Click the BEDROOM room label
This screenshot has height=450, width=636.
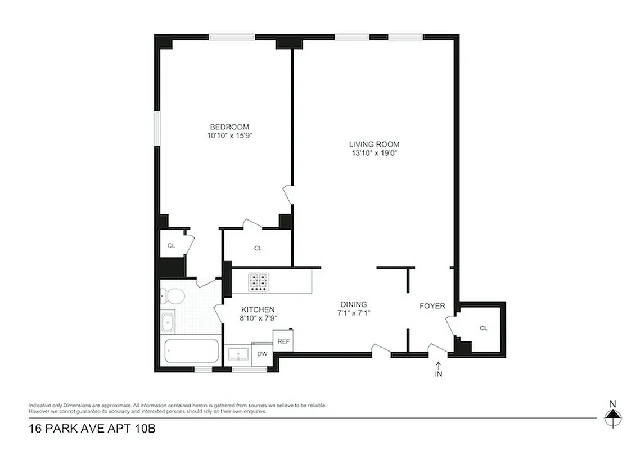[229, 127]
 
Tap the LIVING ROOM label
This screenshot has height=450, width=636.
[373, 144]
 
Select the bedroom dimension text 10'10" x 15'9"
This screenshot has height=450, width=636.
[229, 136]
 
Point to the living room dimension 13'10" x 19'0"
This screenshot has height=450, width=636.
[373, 152]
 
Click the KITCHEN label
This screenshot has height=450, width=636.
[258, 309]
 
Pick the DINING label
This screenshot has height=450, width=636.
[353, 304]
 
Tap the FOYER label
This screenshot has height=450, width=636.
[432, 306]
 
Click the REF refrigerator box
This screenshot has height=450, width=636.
[283, 341]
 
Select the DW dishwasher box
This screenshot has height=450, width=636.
[262, 354]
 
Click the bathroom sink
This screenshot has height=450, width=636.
[168, 322]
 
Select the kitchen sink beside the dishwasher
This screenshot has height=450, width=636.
[240, 354]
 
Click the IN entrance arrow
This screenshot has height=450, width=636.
[438, 370]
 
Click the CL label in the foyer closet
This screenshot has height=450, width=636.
[483, 328]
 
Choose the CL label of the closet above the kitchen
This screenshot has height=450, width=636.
[258, 248]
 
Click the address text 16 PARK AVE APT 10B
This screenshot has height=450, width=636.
[92, 429]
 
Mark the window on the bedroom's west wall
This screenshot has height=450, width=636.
[158, 130]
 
